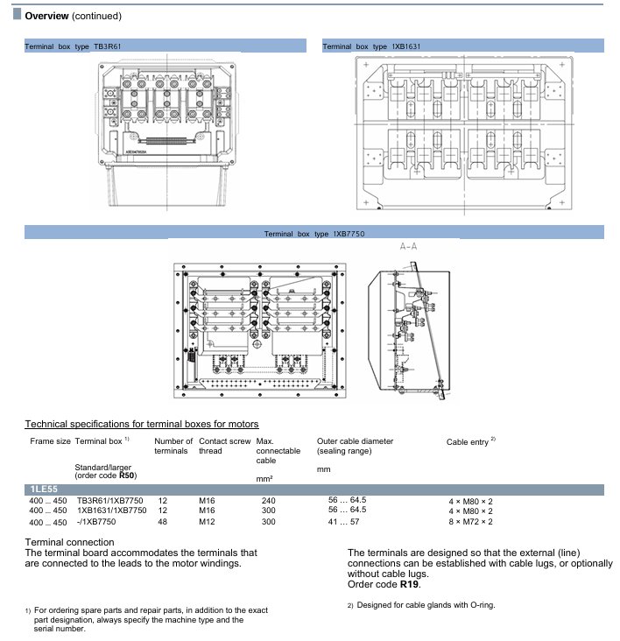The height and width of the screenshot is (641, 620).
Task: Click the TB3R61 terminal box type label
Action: coord(116,46)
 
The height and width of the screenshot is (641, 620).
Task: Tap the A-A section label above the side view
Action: coord(408,247)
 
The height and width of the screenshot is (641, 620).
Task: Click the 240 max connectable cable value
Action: coord(268,500)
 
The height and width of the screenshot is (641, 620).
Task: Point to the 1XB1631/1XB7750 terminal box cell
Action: coord(115,511)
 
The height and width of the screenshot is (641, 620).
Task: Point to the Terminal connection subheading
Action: coord(71,542)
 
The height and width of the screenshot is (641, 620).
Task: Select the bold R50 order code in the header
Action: coord(127,475)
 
